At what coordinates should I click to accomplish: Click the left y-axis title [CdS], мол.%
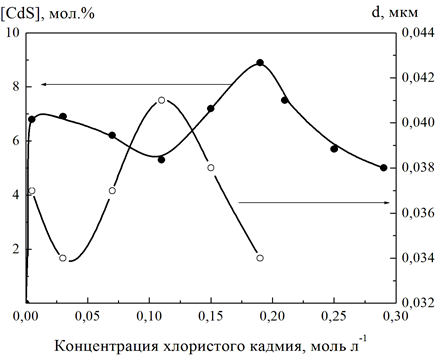pyautogui.click(x=48, y=14)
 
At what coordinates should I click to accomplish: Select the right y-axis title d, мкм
pyautogui.click(x=394, y=13)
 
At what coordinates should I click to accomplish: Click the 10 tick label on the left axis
pyautogui.click(x=13, y=33)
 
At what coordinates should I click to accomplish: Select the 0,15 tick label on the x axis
pyautogui.click(x=211, y=316)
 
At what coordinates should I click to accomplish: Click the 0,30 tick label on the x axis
pyautogui.click(x=395, y=316)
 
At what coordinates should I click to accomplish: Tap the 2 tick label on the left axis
pyautogui.click(x=16, y=249)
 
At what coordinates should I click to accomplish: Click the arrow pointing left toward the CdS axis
pyautogui.click(x=137, y=85)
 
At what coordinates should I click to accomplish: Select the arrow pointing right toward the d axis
pyautogui.click(x=314, y=202)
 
